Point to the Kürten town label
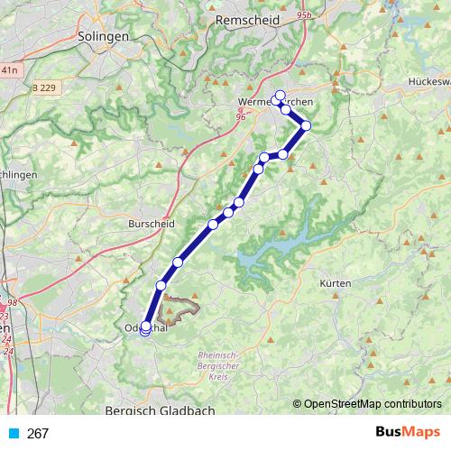[x=335, y=283]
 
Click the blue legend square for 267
[x=13, y=433]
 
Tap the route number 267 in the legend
[x=38, y=433]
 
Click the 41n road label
[x=9, y=69]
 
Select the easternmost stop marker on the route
[x=306, y=125]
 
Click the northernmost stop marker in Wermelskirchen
[x=280, y=96]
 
